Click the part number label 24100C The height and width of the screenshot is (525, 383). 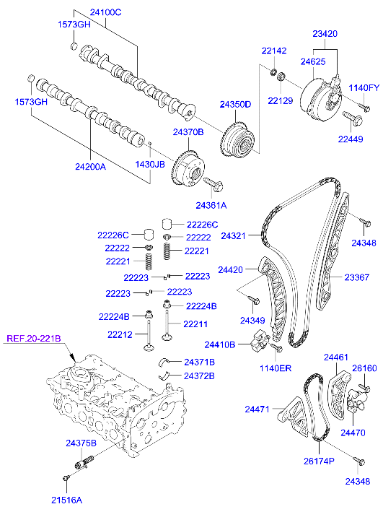[106, 12]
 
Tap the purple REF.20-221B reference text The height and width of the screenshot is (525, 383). [34, 338]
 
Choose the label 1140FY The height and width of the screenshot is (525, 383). [364, 88]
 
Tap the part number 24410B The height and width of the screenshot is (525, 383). [220, 344]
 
